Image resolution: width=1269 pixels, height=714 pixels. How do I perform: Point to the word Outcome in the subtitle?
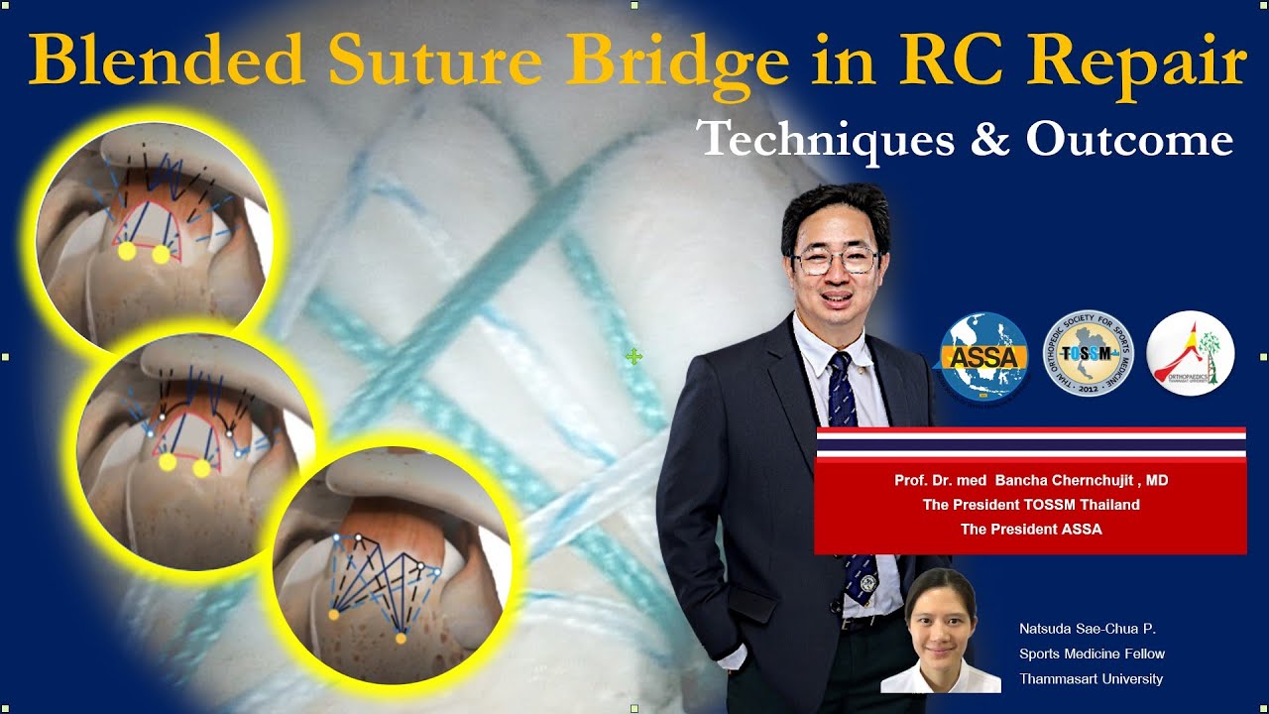pos(1129,140)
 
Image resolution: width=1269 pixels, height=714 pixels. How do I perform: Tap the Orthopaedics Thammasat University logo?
pos(1190,355)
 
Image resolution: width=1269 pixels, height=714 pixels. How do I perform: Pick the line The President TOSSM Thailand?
pos(1031,505)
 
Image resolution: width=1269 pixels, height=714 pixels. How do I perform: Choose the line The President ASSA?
pos(1031,530)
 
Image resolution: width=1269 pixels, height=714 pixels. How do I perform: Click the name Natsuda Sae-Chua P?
pos(1088,629)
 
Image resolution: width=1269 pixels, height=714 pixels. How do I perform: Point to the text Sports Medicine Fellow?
pos(1092,654)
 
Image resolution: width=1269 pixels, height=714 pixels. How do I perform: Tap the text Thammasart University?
pos(1091,679)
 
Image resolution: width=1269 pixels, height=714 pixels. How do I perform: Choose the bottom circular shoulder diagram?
pos(391,565)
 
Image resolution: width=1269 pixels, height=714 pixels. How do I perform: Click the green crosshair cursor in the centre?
pos(634,356)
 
